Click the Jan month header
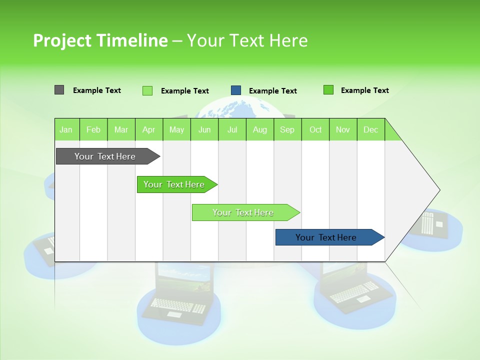(66, 129)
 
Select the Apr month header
(149, 129)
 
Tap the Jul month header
(232, 129)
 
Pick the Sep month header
(287, 129)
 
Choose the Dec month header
(370, 129)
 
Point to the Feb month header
(93, 129)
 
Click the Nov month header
(343, 129)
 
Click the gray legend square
(59, 90)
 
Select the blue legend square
(236, 90)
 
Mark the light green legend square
(147, 90)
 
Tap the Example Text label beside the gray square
(97, 90)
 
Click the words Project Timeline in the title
(100, 40)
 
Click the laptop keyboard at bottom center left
(177, 305)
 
